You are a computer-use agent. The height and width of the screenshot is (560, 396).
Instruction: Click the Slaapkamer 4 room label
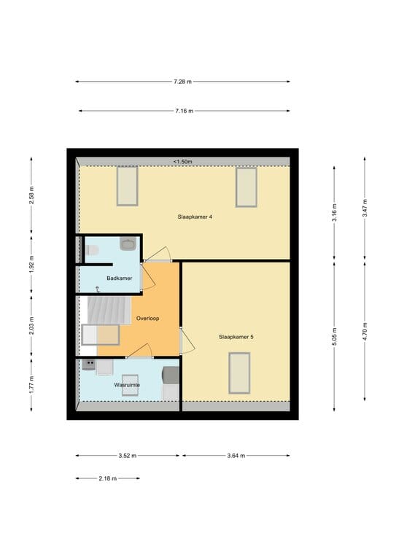click(x=195, y=217)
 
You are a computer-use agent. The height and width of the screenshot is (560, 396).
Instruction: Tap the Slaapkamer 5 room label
click(x=236, y=337)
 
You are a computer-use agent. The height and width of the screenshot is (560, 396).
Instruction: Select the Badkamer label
click(x=118, y=279)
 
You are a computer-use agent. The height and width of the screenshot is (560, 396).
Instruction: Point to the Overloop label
click(x=147, y=319)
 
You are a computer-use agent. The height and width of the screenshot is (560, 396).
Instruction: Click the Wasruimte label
click(x=126, y=384)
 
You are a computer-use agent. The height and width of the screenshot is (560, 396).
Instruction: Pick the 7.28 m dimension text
click(x=183, y=82)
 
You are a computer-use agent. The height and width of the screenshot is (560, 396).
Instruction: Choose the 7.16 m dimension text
click(x=183, y=111)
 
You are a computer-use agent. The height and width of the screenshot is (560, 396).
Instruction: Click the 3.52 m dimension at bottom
click(x=127, y=455)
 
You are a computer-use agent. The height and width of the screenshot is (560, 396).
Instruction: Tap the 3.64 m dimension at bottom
click(x=235, y=455)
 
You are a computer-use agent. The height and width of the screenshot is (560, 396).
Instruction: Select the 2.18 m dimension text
click(x=107, y=479)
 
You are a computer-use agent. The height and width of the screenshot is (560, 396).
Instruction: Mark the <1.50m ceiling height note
click(x=182, y=162)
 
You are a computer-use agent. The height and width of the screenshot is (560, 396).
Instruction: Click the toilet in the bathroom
click(x=92, y=250)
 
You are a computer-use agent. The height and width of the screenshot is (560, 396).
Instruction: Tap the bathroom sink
click(x=128, y=244)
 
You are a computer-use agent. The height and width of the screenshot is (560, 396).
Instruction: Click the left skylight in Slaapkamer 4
click(x=127, y=186)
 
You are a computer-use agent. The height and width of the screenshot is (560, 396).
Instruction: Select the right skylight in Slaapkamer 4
click(x=246, y=186)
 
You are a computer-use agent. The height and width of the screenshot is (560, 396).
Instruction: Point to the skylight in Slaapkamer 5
click(x=239, y=373)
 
